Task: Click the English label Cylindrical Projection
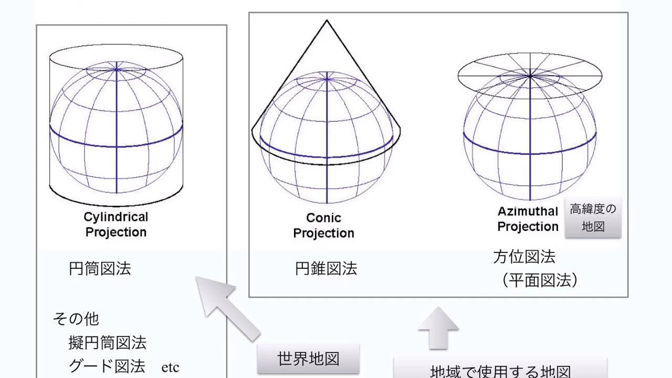coord(116,225)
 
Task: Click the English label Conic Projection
coord(323,226)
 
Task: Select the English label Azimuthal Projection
coord(528,219)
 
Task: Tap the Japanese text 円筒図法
coord(100,269)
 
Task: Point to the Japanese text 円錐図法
coord(326,269)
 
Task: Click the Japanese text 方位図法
coord(524,257)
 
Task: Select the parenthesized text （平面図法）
coord(540,280)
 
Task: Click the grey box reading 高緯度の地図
coord(593,218)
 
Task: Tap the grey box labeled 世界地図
coord(308,359)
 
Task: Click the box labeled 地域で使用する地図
coord(500,370)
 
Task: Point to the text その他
coord(76,319)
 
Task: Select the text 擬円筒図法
coord(108,343)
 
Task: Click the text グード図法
coord(107,366)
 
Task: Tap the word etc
coord(170,367)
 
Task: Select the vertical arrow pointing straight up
coord(438,328)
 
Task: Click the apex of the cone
coord(327,21)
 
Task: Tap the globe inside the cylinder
coord(116,129)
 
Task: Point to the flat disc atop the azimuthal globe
coord(530,76)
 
